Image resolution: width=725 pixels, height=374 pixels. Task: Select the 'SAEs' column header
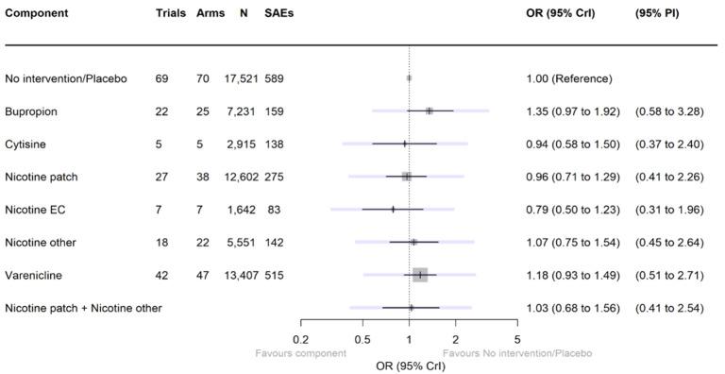click(278, 14)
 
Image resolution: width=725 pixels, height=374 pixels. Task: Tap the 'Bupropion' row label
click(31, 111)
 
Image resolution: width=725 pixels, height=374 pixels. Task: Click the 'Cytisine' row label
click(26, 144)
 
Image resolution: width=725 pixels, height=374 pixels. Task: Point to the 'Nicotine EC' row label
click(35, 210)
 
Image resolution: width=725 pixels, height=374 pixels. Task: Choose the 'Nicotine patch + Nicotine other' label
click(83, 308)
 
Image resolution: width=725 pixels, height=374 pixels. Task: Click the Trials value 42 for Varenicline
click(162, 275)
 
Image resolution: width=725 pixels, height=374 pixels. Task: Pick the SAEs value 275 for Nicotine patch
click(275, 177)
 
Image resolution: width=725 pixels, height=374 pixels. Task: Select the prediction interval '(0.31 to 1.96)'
click(669, 210)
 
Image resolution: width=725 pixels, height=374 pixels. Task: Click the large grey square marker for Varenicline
click(420, 275)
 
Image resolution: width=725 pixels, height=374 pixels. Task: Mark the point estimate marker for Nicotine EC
click(393, 210)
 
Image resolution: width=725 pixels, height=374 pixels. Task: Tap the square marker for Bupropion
click(429, 111)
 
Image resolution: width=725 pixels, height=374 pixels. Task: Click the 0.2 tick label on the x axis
click(301, 339)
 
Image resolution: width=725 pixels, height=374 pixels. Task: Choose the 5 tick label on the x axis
click(517, 339)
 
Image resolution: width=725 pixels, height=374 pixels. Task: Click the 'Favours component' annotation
click(300, 353)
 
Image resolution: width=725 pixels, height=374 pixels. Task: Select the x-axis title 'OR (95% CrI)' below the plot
click(409, 365)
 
